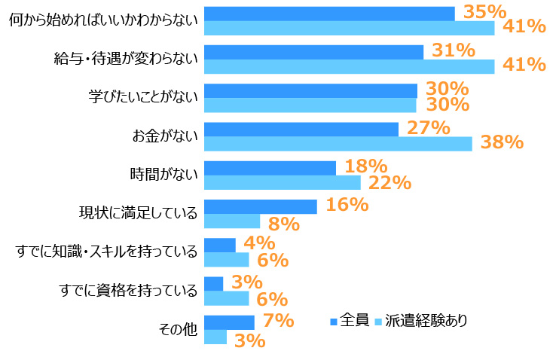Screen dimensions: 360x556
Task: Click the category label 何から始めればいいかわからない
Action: (x=102, y=21)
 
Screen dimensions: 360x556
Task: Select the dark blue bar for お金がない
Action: (x=301, y=130)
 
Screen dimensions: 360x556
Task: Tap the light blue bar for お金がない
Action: (x=338, y=144)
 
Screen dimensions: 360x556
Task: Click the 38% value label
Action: (x=502, y=142)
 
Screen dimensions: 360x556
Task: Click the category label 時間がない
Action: (x=164, y=175)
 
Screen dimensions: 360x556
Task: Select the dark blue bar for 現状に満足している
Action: (x=261, y=207)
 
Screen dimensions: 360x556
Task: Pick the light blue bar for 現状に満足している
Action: (x=232, y=221)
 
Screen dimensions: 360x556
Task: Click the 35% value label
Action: (x=484, y=12)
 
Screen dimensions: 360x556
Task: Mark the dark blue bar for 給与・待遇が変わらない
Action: (x=313, y=52)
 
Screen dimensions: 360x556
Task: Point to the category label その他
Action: (x=178, y=330)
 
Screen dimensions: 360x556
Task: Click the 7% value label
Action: (x=277, y=321)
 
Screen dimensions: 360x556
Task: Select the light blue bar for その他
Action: (x=215, y=337)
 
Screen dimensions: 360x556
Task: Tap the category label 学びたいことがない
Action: (x=143, y=98)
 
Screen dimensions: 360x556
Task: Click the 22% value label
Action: (x=390, y=182)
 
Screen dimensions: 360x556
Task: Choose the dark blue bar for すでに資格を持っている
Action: (x=214, y=284)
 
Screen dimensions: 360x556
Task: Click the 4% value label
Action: (x=259, y=243)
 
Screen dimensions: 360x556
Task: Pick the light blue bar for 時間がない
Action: (x=283, y=182)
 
